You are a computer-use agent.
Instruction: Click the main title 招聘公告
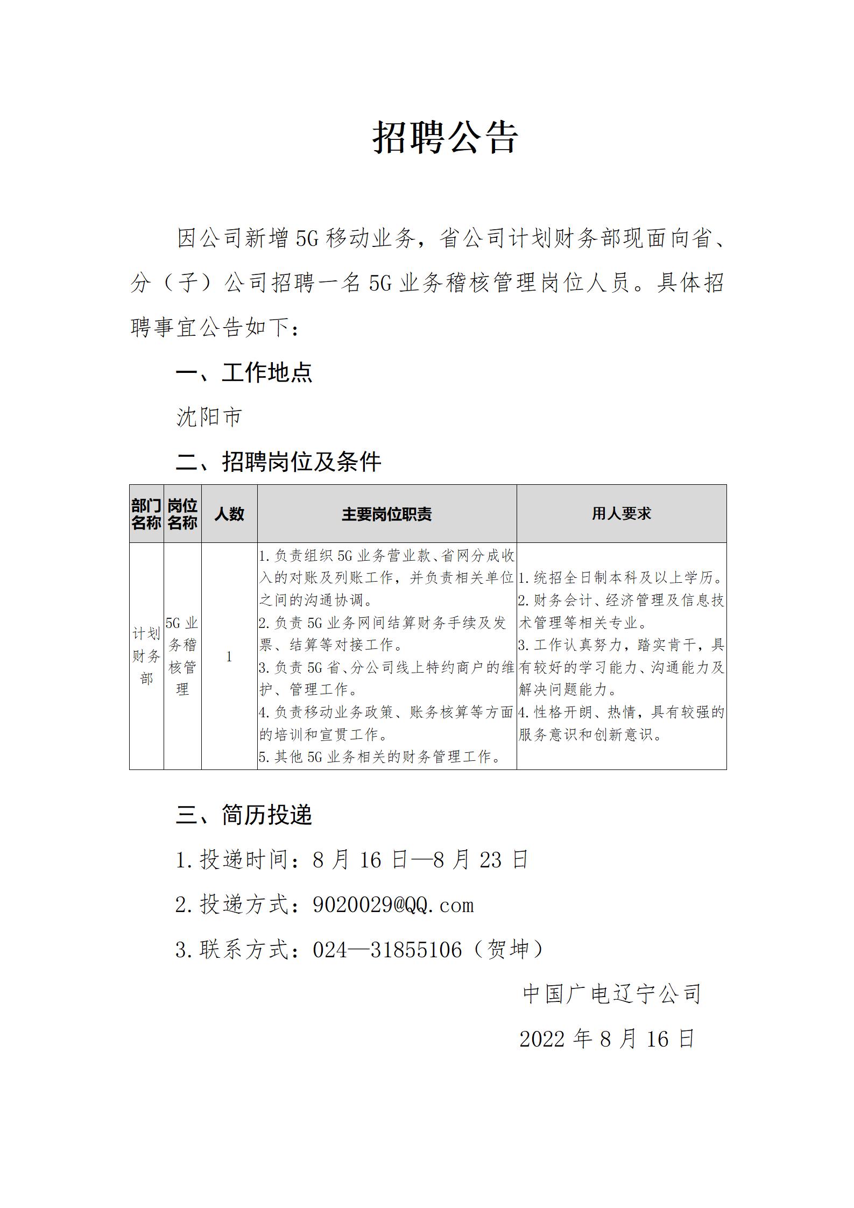446,137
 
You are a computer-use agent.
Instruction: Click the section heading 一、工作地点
244,372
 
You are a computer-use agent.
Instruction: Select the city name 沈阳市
209,417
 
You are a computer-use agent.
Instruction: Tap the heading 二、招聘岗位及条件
278,462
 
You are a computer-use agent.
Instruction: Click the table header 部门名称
146,514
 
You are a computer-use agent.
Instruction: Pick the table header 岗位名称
182,514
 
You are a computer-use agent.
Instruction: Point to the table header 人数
229,514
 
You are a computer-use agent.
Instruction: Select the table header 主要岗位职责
386,514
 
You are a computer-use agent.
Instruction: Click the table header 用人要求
622,514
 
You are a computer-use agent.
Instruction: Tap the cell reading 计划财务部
146,656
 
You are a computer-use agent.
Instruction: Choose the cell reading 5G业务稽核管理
182,656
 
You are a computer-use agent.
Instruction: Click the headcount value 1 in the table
229,656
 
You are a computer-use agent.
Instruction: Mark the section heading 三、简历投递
244,815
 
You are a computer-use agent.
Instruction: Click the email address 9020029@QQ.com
393,905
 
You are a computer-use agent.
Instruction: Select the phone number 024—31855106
387,950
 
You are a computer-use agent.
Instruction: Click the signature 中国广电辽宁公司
612,994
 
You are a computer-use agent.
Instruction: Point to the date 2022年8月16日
607,1039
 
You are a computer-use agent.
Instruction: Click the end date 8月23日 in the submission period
481,860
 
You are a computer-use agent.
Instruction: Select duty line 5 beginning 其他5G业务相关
380,757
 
